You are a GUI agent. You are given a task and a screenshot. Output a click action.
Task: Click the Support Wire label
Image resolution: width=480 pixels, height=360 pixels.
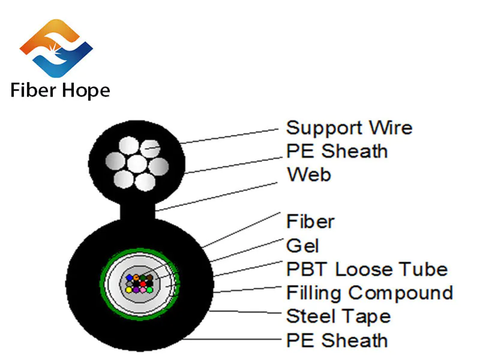[x=349, y=128]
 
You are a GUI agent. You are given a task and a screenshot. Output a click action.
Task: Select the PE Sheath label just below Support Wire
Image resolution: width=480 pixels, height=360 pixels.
[x=337, y=151]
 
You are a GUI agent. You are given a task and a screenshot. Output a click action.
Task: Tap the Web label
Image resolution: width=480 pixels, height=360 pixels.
[x=308, y=175]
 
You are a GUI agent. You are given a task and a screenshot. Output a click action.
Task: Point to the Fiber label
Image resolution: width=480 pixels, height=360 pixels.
[x=310, y=221]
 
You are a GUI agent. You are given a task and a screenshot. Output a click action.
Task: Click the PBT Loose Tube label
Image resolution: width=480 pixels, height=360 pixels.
[x=367, y=269]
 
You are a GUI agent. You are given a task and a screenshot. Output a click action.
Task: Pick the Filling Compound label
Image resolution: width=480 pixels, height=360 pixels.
[x=369, y=293]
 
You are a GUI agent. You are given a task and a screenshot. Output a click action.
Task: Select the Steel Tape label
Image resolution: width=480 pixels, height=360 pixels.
[x=338, y=316]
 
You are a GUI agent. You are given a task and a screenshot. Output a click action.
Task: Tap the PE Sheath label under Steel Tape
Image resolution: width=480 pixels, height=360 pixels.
[x=337, y=340]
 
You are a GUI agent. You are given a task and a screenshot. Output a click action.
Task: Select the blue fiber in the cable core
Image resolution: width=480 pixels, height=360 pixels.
[x=129, y=277]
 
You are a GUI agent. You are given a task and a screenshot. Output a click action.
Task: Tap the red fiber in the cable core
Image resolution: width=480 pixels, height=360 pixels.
[x=143, y=284]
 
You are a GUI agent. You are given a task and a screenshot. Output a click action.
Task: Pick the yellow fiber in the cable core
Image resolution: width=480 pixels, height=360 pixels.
[x=128, y=290]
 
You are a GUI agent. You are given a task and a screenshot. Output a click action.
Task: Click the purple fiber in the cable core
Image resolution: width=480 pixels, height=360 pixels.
[x=136, y=290]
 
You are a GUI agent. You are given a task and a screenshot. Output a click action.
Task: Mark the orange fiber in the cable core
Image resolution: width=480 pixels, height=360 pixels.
[x=136, y=277]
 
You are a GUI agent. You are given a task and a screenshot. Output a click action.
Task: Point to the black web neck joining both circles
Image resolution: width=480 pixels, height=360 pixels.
[x=137, y=211]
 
